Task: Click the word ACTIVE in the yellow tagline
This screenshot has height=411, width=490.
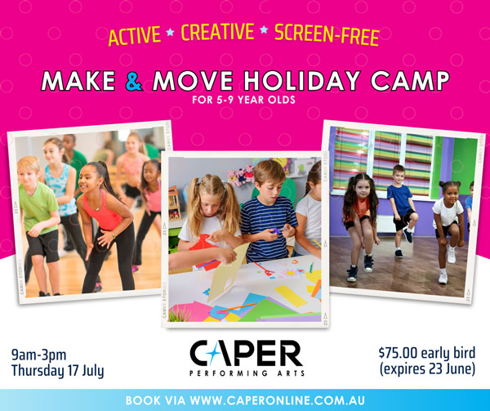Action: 135,35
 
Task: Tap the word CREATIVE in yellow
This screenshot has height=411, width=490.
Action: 218,32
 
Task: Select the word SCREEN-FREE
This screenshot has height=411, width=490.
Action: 327,34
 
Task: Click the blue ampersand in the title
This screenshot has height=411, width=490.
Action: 134,81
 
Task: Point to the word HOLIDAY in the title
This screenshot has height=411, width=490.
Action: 302,80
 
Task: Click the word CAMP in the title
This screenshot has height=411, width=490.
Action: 410,80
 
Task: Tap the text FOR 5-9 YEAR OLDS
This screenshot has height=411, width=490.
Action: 243,100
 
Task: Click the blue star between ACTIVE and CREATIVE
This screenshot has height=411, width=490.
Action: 171,32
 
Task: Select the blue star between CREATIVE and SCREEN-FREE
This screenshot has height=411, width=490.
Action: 264,29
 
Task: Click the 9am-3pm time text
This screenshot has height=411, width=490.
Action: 38,355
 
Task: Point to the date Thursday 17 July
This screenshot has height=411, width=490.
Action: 57,371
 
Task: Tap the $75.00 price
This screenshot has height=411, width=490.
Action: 398,353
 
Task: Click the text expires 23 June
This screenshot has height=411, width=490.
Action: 427,369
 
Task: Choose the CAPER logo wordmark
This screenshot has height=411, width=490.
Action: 247,354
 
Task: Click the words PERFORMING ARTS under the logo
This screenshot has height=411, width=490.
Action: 247,373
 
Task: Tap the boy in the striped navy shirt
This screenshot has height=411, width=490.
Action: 268,212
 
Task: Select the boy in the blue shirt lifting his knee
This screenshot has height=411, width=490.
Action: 401,210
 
